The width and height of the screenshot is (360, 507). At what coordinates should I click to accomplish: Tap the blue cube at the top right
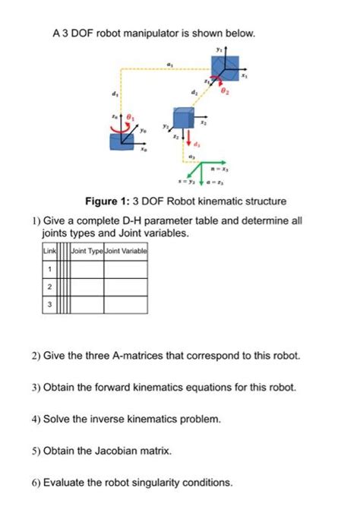[x=224, y=67]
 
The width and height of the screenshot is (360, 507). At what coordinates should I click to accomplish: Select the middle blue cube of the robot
[x=183, y=119]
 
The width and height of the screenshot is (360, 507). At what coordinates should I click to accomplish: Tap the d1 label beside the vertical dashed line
[x=115, y=94]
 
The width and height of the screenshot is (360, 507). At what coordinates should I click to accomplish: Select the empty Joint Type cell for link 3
[x=87, y=305]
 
